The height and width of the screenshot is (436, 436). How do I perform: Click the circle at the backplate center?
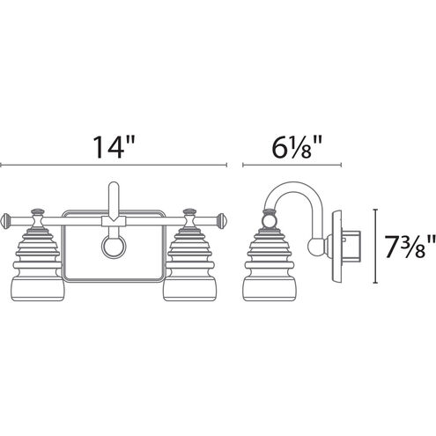pos(114,246)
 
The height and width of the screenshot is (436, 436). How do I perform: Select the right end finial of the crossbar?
pos(222,218)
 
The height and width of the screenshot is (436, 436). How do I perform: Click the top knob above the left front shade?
pos(39,211)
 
